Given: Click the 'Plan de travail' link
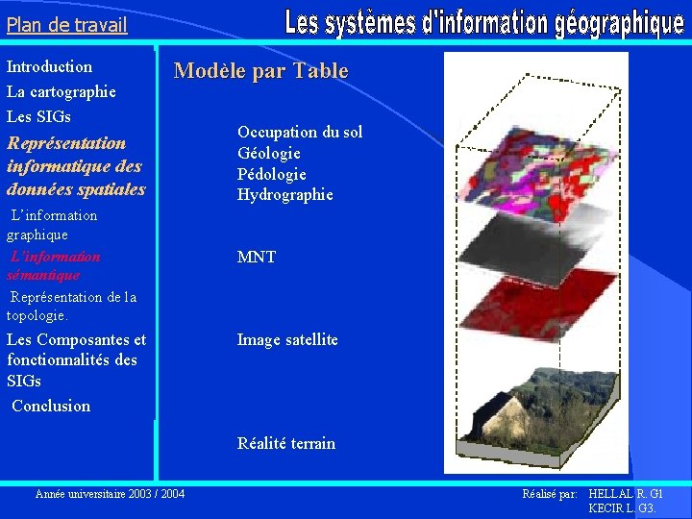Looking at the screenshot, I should [66, 25].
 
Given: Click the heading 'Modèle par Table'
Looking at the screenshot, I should [260, 71].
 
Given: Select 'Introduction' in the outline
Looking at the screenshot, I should [50, 67].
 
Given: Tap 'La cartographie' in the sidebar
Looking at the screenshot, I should [62, 92].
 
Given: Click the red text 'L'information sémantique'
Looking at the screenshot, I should [54, 266].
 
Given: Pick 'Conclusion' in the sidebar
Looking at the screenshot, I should [52, 406].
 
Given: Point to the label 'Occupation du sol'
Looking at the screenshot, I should [300, 133].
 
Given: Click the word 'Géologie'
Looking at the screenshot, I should [269, 154].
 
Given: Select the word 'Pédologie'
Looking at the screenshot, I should [272, 174].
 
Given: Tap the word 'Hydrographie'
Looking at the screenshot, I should [285, 195].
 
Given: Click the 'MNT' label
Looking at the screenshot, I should [257, 258].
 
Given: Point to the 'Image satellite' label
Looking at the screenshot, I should [287, 340].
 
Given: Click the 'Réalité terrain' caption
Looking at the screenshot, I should [286, 444].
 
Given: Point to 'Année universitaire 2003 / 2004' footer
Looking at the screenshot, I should [110, 494].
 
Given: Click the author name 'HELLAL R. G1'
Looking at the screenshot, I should [625, 494].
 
